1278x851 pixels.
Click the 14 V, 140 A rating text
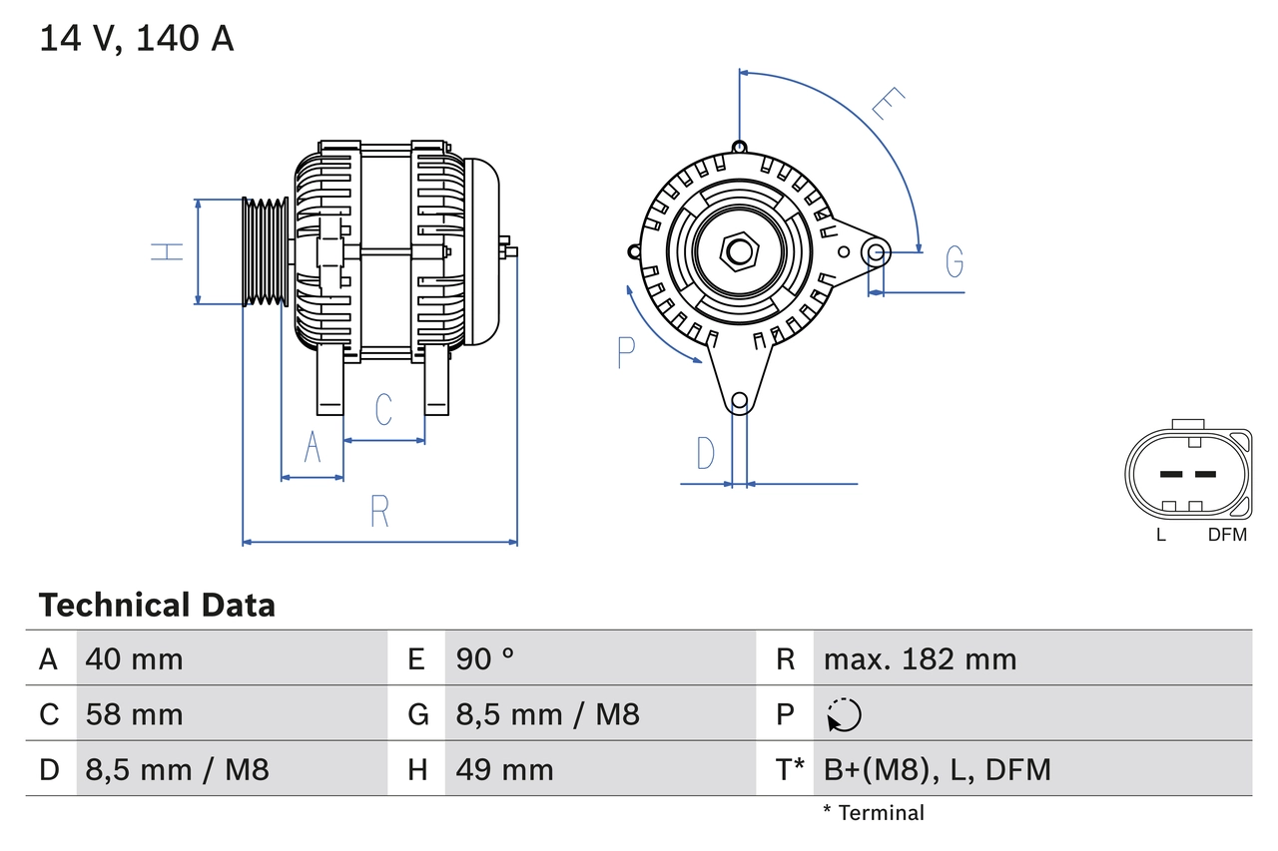137,39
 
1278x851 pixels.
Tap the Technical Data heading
157,605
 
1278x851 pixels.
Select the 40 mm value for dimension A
135,658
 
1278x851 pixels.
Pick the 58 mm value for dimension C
135,714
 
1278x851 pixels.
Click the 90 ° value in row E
485,658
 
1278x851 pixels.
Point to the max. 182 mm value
920,658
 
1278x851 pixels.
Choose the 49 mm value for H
504,769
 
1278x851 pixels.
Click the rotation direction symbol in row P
845,714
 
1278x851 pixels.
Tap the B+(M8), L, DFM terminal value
937,769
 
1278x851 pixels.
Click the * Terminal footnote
874,812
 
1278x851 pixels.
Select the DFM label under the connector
1227,535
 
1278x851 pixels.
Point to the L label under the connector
1160,535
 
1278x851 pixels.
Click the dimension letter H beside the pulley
169,250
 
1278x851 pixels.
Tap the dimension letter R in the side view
379,511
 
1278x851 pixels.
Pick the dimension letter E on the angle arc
887,104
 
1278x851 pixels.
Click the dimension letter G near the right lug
955,261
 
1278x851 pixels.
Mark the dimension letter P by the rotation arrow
626,352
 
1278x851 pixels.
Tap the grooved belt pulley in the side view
266,250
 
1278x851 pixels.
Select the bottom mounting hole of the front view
739,401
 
